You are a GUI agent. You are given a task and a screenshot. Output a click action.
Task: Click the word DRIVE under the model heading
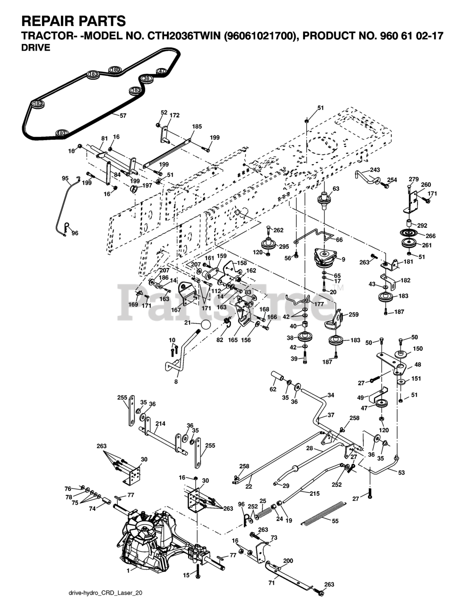[x=36, y=48]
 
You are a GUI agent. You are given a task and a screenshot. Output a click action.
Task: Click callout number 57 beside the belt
[x=123, y=116]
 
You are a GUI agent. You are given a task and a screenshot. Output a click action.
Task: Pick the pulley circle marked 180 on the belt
[x=116, y=69]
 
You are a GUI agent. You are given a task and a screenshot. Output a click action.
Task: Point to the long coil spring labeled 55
[x=323, y=511]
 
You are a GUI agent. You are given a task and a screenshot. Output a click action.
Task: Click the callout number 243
[x=375, y=169]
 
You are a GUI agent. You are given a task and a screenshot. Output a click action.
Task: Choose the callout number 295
[x=284, y=247]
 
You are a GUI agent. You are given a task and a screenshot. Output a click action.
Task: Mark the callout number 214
[x=160, y=423]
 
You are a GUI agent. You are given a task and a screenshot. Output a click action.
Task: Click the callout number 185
[x=197, y=126]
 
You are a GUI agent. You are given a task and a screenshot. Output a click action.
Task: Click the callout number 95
[x=65, y=178]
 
